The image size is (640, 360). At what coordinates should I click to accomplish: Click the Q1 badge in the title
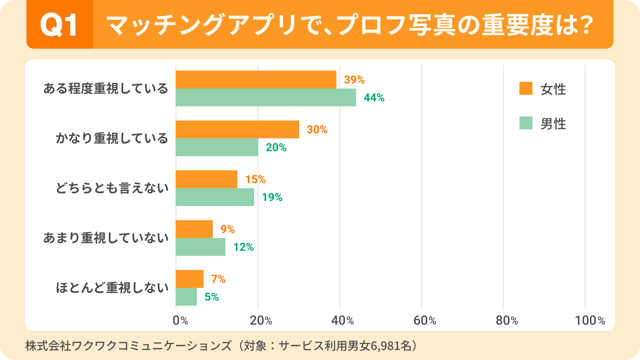click(x=60, y=25)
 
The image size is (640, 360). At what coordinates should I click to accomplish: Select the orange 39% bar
click(x=256, y=80)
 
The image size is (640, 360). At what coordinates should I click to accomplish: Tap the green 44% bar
click(x=266, y=97)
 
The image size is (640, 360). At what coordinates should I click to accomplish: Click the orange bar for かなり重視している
click(x=237, y=129)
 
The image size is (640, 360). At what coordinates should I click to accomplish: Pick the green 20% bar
click(x=217, y=147)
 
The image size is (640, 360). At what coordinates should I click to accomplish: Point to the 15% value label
click(x=255, y=180)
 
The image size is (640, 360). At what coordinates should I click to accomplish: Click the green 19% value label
click(x=272, y=197)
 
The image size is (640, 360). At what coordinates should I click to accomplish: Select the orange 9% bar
click(x=194, y=229)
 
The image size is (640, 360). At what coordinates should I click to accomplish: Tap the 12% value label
click(x=243, y=247)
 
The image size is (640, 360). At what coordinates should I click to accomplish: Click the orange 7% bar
click(x=189, y=279)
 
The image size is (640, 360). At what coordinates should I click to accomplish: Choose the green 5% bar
click(x=186, y=297)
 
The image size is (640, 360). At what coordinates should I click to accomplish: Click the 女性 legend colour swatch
click(x=526, y=89)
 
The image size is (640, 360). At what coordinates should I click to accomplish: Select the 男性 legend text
click(x=553, y=124)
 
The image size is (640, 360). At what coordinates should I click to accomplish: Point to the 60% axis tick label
click(x=425, y=321)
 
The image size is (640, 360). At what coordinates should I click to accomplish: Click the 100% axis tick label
click(x=590, y=321)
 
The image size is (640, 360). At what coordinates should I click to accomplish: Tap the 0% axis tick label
click(x=180, y=321)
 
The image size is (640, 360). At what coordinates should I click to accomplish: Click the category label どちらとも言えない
click(x=112, y=188)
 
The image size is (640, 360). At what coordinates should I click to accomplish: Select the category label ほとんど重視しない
click(x=112, y=288)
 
